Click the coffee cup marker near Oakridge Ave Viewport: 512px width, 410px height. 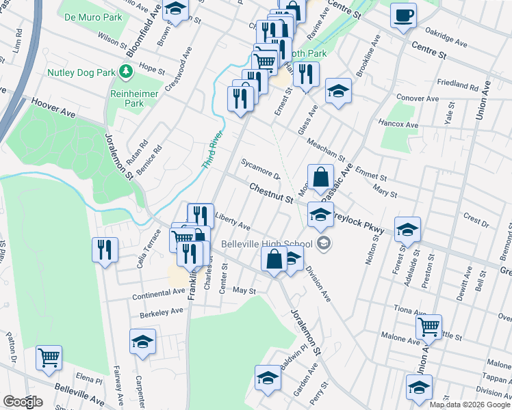click(x=403, y=15)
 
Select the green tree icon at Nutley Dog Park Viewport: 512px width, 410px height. click(x=125, y=71)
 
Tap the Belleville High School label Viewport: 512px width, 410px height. click(x=267, y=244)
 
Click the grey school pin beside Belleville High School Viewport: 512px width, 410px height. click(x=324, y=243)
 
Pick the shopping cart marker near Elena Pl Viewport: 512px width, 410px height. click(x=49, y=357)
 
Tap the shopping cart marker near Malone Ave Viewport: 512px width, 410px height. click(x=428, y=327)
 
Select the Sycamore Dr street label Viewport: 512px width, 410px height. click(x=261, y=168)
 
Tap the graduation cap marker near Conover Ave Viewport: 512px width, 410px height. click(x=337, y=92)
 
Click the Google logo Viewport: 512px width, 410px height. click(x=22, y=402)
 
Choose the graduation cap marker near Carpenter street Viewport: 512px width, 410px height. click(x=142, y=342)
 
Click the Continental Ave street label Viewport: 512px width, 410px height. click(x=159, y=292)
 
